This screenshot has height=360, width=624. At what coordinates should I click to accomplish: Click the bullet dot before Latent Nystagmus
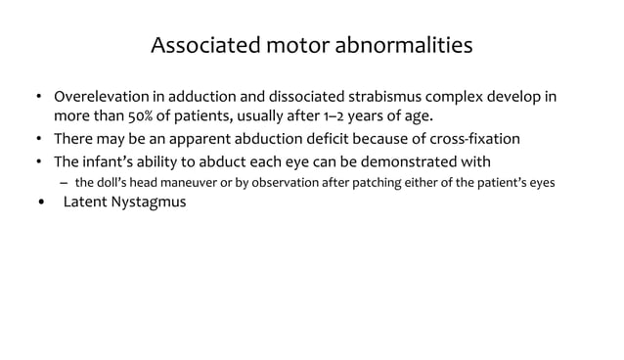pyautogui.click(x=40, y=203)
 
